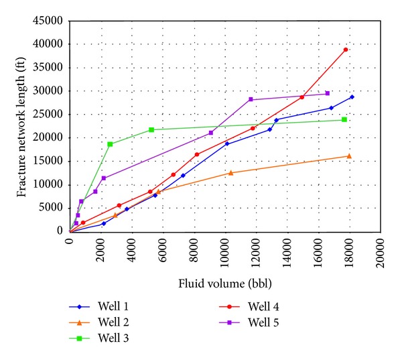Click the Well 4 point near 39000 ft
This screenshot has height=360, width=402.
click(346, 50)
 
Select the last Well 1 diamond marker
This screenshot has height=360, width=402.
click(352, 97)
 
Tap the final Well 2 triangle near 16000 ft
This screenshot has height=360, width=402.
click(348, 156)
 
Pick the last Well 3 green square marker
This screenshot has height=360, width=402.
click(344, 119)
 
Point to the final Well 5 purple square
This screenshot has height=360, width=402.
click(328, 93)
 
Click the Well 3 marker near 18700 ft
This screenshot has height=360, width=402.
click(110, 144)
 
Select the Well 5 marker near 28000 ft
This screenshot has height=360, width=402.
click(251, 99)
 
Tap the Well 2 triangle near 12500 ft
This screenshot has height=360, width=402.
click(231, 173)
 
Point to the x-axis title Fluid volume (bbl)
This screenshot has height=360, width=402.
click(225, 282)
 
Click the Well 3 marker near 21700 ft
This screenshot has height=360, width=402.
click(151, 129)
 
